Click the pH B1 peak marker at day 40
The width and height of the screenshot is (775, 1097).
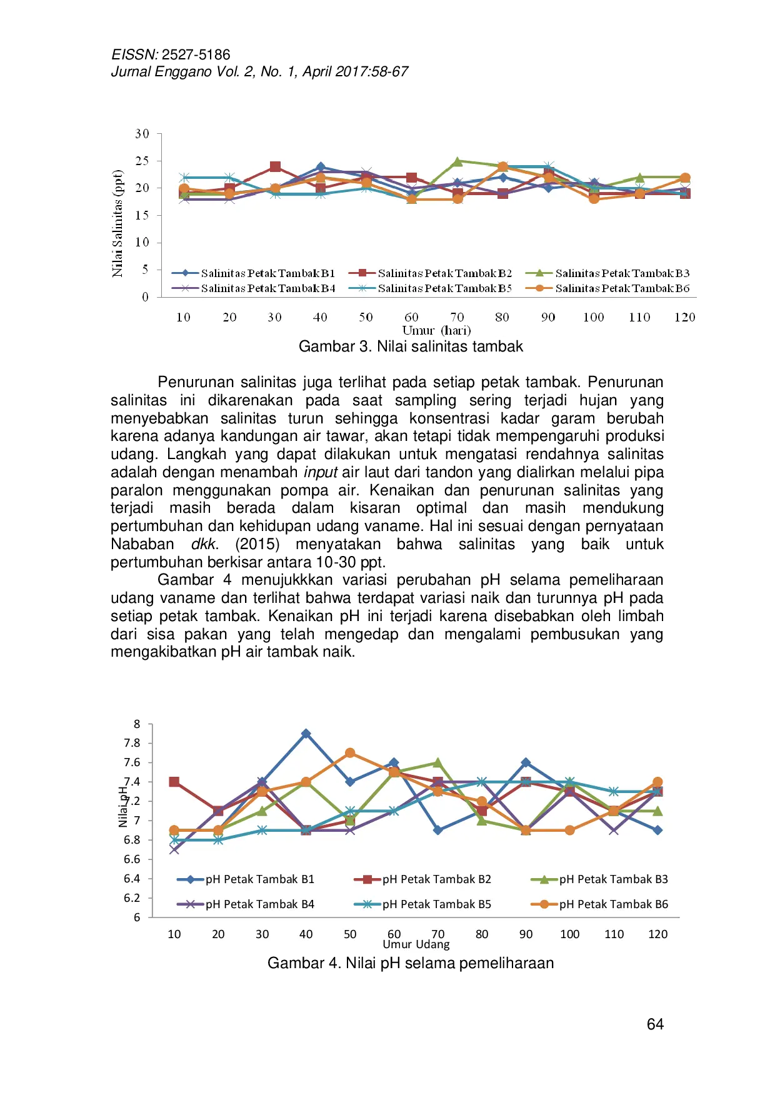tap(306, 734)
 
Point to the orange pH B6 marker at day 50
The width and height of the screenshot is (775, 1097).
tap(350, 753)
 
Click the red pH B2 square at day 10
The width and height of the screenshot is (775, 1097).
tap(174, 782)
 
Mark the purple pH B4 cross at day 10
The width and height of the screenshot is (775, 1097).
tap(174, 849)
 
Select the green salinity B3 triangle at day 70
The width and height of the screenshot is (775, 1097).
tap(457, 161)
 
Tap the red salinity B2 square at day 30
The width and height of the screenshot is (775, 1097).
tap(275, 166)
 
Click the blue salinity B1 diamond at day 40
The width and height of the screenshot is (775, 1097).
tap(321, 167)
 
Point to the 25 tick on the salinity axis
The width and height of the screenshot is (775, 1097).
tap(142, 161)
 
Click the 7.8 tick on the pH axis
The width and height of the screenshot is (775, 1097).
tap(132, 743)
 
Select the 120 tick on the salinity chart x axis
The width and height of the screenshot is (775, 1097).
tap(684, 317)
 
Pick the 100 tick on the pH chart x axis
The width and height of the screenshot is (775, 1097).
tap(569, 934)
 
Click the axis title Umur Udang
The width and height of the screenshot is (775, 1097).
tap(416, 944)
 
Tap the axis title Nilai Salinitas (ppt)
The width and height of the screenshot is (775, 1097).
tap(117, 223)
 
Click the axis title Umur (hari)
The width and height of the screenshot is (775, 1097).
tap(436, 330)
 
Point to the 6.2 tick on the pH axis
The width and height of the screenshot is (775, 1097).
tap(132, 897)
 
